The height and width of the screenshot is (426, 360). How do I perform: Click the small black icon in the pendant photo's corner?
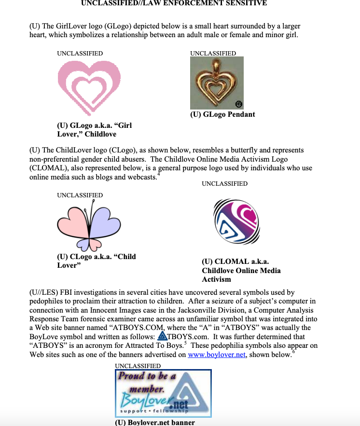tap(238, 104)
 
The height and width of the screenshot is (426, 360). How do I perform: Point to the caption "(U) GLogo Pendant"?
tap(222, 114)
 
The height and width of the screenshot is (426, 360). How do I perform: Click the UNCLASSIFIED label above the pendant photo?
tap(213, 53)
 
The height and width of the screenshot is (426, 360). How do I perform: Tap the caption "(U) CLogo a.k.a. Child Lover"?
tap(97, 261)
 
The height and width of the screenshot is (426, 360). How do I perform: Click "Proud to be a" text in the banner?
tap(148, 376)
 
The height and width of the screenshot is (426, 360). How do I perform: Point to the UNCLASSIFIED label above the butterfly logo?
tap(80, 195)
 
